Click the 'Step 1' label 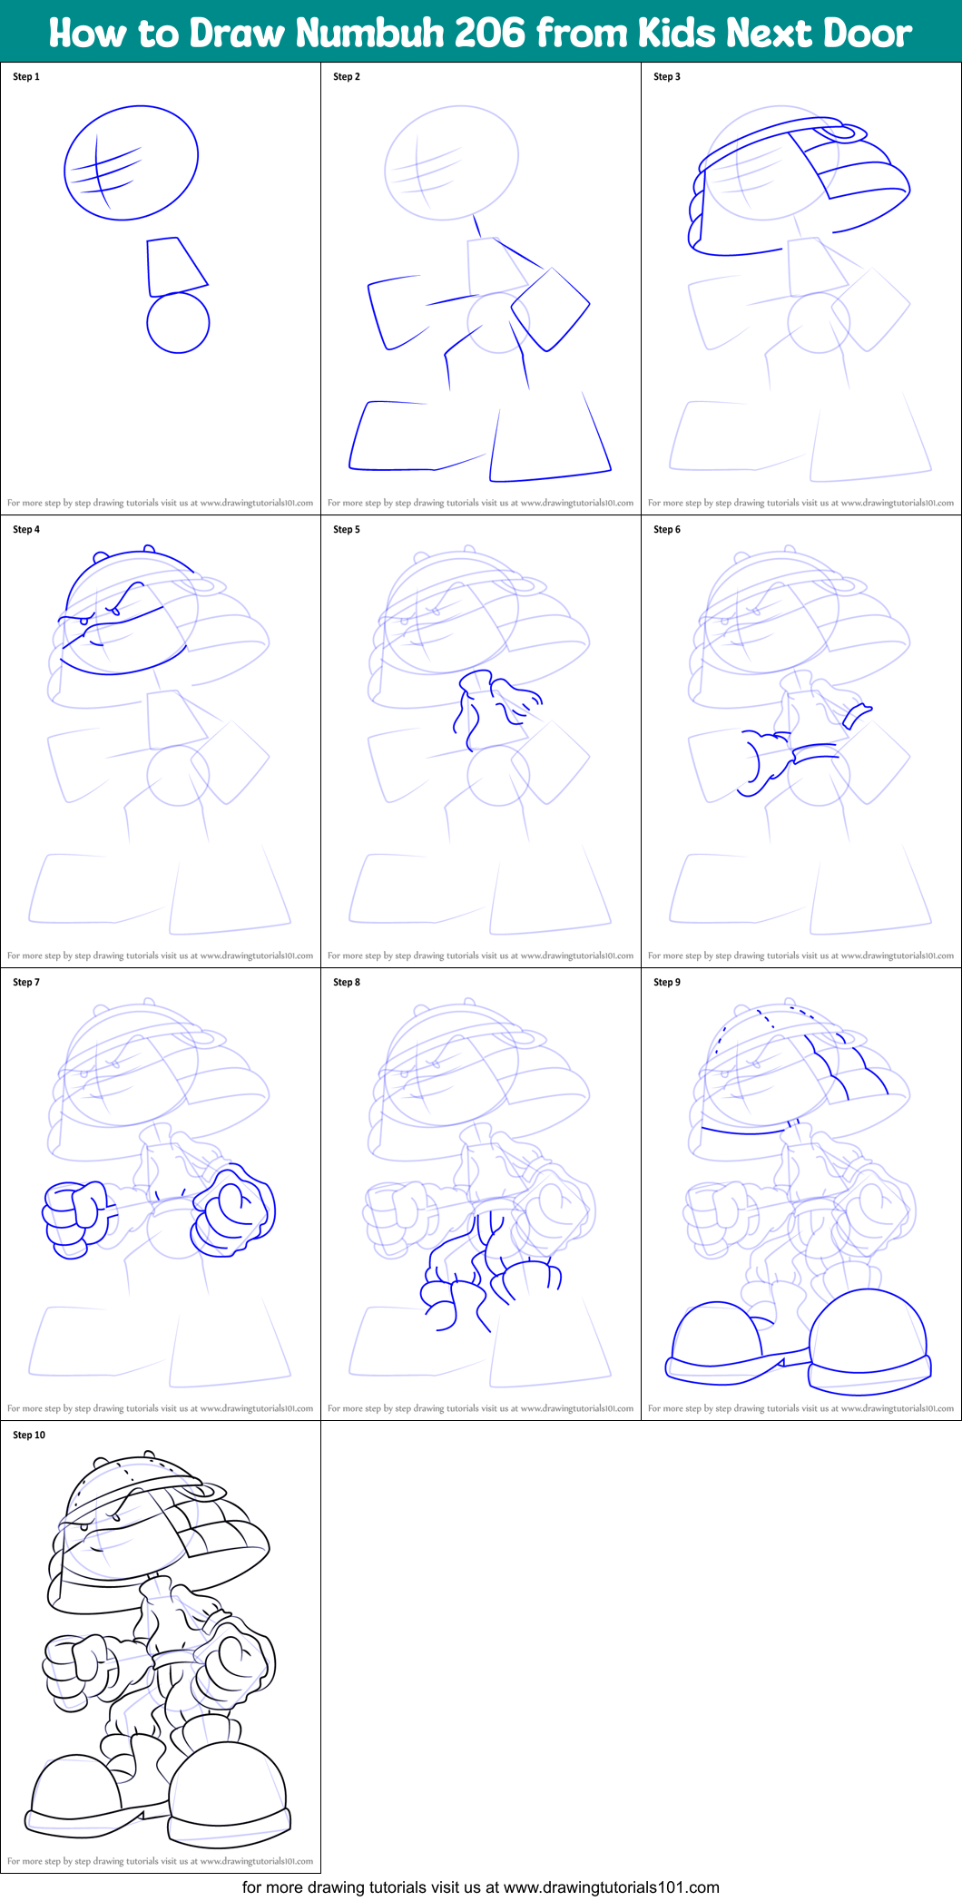click(26, 77)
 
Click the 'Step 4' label click(26, 530)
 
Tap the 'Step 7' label click(26, 983)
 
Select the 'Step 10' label click(29, 1436)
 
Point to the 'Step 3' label click(667, 77)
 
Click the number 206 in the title click(490, 34)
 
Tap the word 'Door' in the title click(868, 34)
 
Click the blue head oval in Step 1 click(132, 163)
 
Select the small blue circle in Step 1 click(178, 322)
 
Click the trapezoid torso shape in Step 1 click(174, 266)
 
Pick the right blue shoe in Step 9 click(869, 1341)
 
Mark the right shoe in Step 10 click(229, 1792)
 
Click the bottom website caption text click(481, 1887)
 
